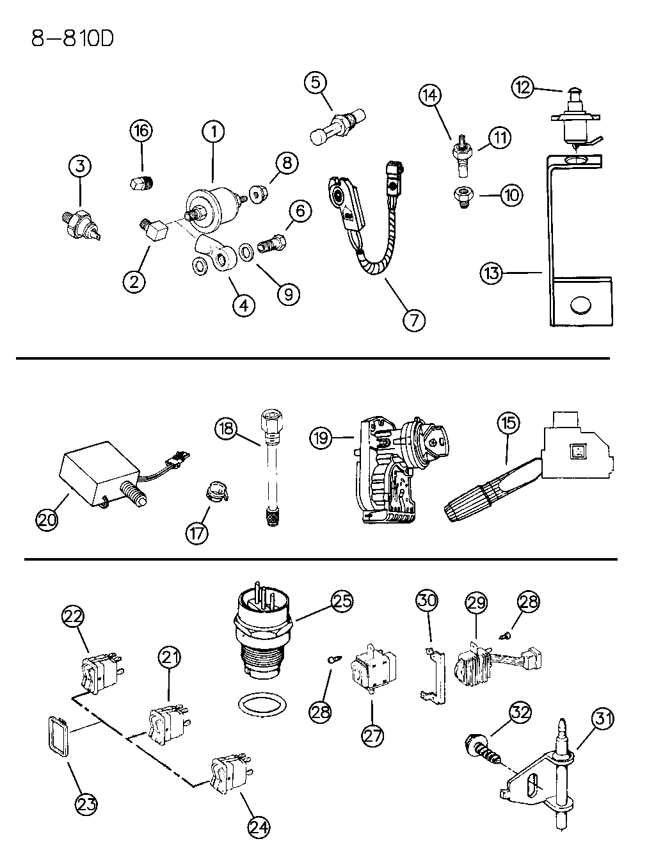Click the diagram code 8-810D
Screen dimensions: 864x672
[72, 39]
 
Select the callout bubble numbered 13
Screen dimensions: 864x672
[492, 274]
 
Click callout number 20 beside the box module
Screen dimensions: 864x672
[47, 519]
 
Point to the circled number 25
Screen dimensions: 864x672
[343, 601]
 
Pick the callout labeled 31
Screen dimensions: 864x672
[602, 719]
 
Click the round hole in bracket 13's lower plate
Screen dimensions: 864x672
[580, 305]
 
